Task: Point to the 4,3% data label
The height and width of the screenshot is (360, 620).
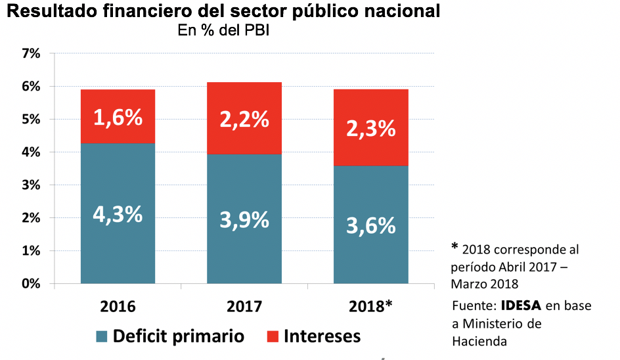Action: pyautogui.click(x=118, y=214)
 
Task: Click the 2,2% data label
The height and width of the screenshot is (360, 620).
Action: pyautogui.click(x=244, y=120)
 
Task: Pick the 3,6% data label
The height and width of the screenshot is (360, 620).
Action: pyautogui.click(x=371, y=225)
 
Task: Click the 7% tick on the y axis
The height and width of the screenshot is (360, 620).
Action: pyautogui.click(x=31, y=54)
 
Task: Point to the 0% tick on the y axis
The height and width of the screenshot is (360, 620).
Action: pyautogui.click(x=31, y=284)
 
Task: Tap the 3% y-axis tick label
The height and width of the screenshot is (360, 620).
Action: pyautogui.click(x=31, y=185)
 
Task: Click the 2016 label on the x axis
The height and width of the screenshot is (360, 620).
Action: pyautogui.click(x=118, y=307)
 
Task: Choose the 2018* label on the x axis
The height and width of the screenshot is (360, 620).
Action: pyautogui.click(x=371, y=307)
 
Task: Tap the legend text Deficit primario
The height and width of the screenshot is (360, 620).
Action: pyautogui.click(x=179, y=336)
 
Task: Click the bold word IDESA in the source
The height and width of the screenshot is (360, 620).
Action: pyautogui.click(x=521, y=305)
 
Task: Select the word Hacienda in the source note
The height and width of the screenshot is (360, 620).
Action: pyautogui.click(x=479, y=341)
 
